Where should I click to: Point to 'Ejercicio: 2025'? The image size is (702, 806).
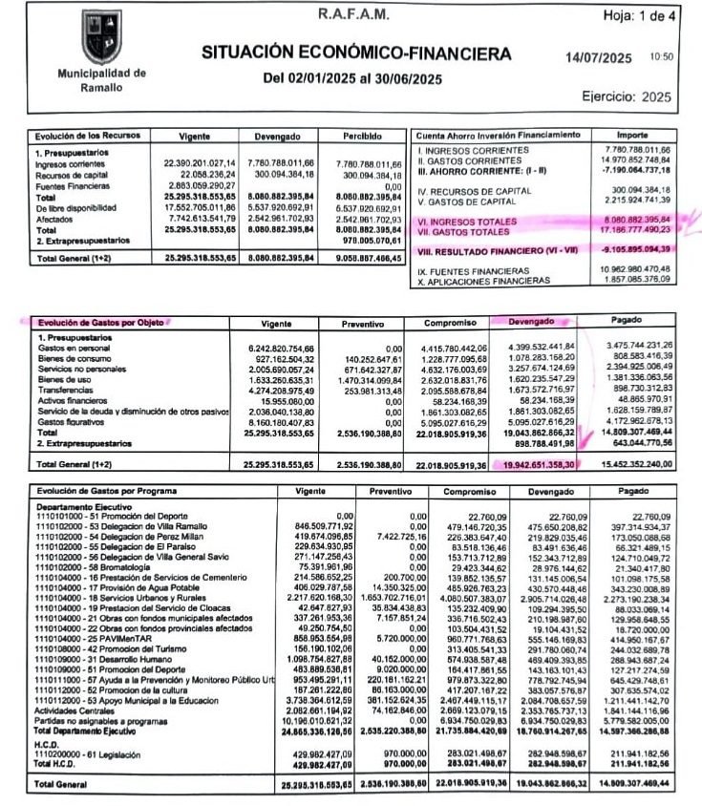coord(627,96)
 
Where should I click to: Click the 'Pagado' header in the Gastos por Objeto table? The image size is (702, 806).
coord(639,322)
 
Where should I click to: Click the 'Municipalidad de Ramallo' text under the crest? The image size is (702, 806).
coord(101,79)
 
